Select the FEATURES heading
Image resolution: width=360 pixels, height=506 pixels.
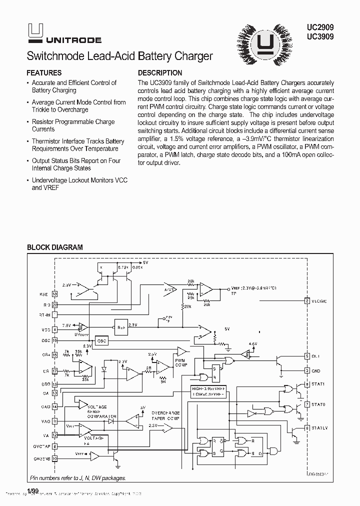pos(44,73)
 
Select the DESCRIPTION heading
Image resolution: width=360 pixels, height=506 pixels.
pos(160,73)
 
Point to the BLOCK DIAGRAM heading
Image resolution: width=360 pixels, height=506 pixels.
pos(54,247)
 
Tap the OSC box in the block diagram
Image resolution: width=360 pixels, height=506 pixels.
pos(102,340)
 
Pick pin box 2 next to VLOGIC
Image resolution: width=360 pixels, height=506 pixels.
pos(307,300)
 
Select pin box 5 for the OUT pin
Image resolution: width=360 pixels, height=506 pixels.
pos(307,356)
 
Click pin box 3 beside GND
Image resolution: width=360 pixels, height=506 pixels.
pos(307,371)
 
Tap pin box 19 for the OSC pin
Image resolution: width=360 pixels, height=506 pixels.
pos(54,340)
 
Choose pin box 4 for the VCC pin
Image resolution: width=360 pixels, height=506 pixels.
pos(54,330)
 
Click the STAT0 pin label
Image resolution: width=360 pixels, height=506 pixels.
pos(318,404)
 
